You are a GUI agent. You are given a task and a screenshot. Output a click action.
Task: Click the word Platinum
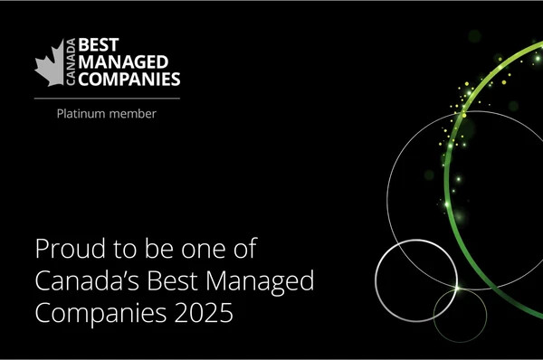point(81,113)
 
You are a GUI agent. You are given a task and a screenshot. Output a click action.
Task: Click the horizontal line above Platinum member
point(107,97)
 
